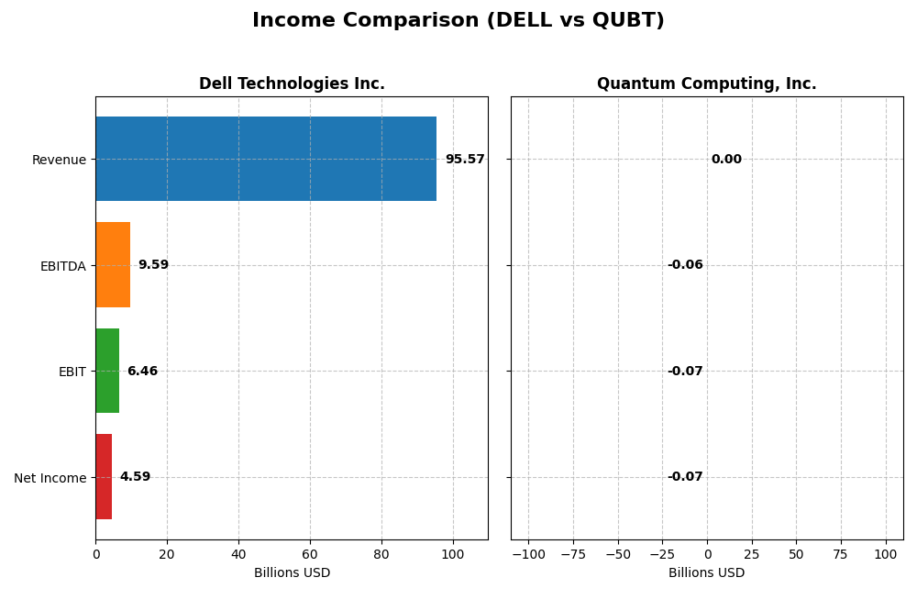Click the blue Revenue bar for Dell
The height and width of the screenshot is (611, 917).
tap(266, 159)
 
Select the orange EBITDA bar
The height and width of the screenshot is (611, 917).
tap(113, 265)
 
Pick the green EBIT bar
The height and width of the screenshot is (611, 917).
tap(107, 371)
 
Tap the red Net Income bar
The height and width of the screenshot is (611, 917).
tap(104, 477)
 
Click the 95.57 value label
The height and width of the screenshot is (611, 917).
tap(465, 160)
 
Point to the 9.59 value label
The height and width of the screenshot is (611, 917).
tap(153, 265)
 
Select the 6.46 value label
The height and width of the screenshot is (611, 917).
tap(142, 372)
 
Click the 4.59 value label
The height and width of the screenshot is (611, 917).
tap(135, 477)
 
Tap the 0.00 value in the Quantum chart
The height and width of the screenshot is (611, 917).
tap(726, 160)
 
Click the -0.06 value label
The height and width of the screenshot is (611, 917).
tap(685, 265)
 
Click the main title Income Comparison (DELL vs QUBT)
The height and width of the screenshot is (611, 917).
tap(458, 21)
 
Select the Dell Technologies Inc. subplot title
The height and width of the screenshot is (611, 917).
tap(292, 84)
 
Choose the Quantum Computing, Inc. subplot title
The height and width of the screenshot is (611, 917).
tap(706, 84)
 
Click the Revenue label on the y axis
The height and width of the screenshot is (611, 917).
tap(59, 161)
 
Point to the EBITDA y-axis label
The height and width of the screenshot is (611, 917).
tap(62, 266)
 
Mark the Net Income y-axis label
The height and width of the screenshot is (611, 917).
tap(50, 478)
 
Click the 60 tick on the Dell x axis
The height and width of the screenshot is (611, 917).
tap(310, 554)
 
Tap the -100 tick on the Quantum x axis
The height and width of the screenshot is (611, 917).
tap(528, 554)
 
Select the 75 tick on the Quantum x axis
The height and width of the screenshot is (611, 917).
tap(841, 554)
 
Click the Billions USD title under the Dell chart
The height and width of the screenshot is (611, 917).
tap(292, 572)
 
